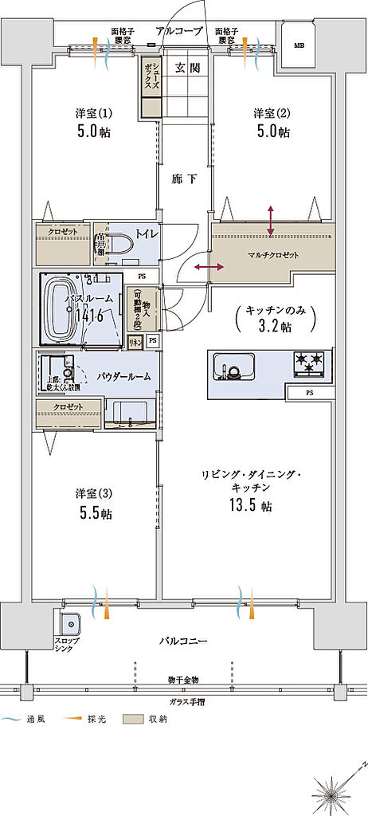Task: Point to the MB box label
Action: coord(299,45)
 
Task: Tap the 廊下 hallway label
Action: coord(184,178)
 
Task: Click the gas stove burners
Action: coord(309,364)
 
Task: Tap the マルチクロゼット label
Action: coord(272,255)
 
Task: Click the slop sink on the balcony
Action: coord(69,622)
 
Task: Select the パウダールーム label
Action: coord(125,376)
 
